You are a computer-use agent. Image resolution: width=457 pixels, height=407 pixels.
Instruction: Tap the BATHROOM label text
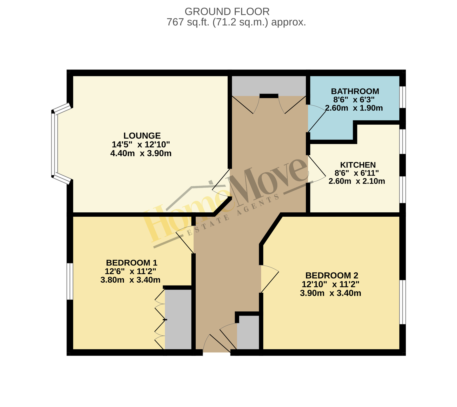click(x=355, y=91)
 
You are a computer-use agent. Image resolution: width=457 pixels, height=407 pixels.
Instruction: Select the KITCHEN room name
click(x=358, y=165)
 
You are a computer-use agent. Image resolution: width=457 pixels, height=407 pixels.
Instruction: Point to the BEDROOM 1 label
click(x=132, y=263)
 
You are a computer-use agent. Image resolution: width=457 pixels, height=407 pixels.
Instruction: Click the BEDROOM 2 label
click(x=332, y=276)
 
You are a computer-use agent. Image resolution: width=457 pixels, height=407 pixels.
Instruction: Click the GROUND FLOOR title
click(x=227, y=11)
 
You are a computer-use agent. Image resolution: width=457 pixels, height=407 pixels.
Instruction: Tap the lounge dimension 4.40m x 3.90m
click(x=141, y=153)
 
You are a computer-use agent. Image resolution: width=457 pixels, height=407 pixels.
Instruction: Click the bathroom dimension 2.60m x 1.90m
click(x=354, y=108)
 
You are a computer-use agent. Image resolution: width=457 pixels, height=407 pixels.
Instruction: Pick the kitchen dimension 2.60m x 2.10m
click(x=357, y=181)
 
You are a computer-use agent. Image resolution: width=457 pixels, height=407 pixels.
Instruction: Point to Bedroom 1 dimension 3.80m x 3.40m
click(x=130, y=280)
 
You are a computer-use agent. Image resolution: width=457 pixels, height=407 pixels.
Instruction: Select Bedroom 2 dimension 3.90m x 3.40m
click(x=330, y=293)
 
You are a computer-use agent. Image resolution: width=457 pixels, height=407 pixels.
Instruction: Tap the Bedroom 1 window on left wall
click(x=70, y=281)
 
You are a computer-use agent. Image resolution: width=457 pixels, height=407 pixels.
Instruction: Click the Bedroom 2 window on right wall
click(x=402, y=302)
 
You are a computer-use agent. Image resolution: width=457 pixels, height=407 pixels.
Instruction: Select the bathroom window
click(x=402, y=97)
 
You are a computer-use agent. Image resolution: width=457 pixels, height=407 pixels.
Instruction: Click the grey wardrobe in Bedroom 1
click(x=178, y=320)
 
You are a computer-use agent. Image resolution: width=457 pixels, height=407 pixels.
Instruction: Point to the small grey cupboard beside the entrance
click(x=248, y=332)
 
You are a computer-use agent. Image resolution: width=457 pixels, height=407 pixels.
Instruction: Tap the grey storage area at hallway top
click(x=269, y=86)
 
